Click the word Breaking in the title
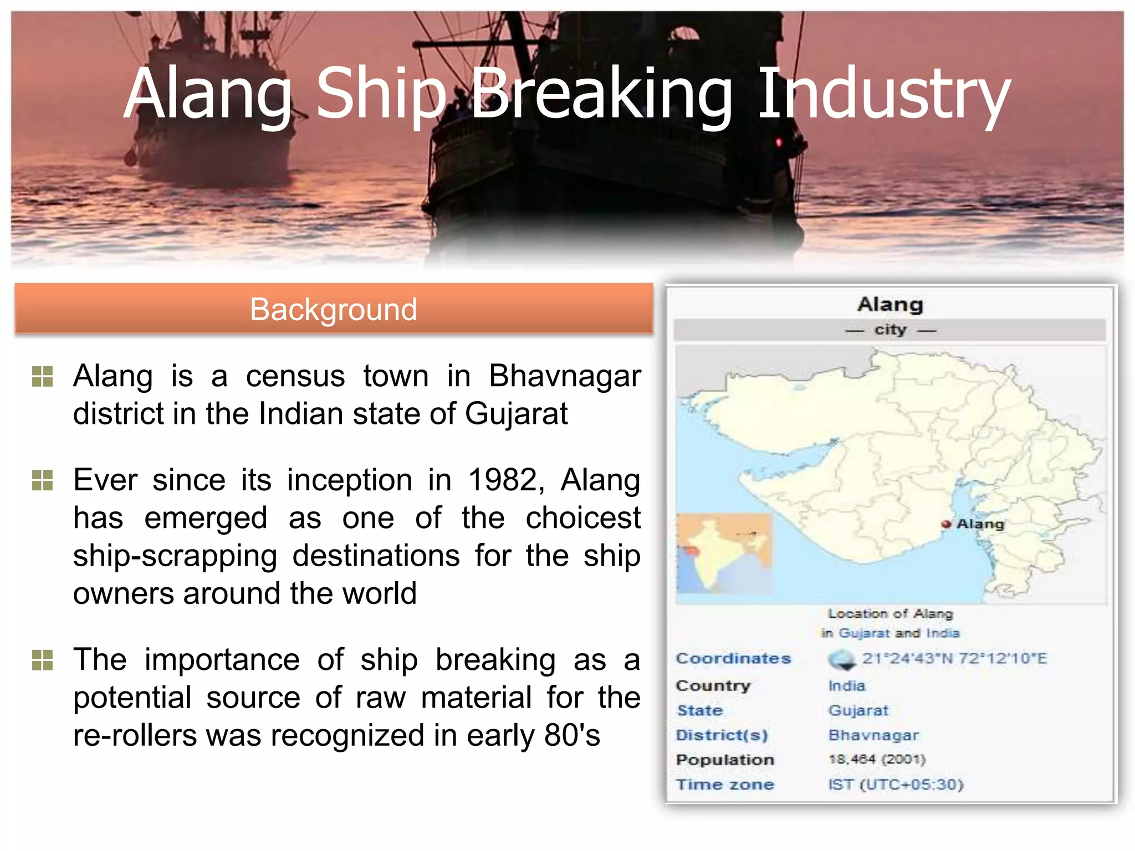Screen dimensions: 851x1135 point(602,94)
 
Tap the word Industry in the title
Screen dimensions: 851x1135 point(883,94)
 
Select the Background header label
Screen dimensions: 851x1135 point(333,309)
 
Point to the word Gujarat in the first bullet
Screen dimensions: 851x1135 point(516,414)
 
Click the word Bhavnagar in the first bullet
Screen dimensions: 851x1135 point(564,376)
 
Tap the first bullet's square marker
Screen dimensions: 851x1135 point(43,377)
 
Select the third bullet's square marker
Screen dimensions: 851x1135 point(43,660)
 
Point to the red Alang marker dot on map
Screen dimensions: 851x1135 point(946,524)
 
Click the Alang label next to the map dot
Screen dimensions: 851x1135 point(980,524)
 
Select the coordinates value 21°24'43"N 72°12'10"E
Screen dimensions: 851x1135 point(954,659)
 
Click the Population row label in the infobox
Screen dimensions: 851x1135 point(725,760)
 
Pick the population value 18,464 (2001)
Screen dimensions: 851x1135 point(877,759)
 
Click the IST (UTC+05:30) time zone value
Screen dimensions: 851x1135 point(896,785)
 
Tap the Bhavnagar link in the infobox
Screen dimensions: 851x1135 point(873,735)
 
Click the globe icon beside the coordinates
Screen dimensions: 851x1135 point(842,659)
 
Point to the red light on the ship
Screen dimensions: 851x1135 point(779,142)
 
